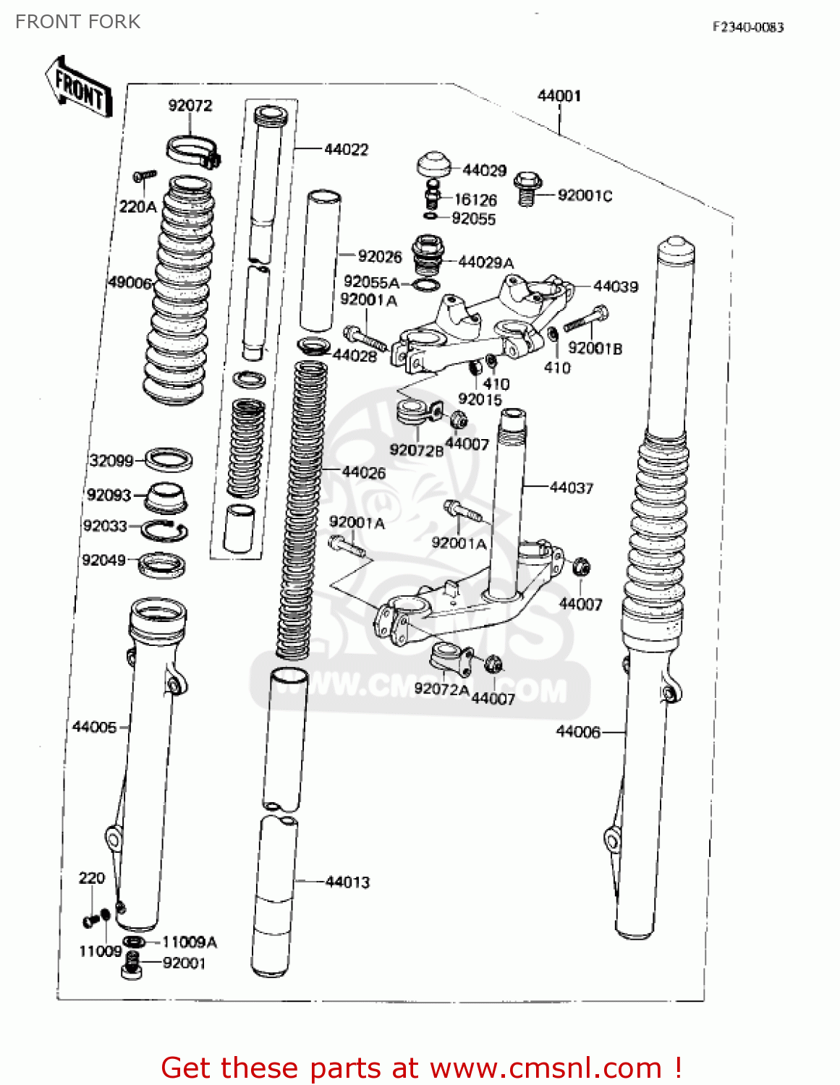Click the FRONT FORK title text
click(77, 22)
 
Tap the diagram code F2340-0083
click(747, 27)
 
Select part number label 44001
click(559, 95)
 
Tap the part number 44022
click(346, 150)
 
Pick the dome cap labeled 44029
click(433, 164)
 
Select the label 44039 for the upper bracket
click(615, 286)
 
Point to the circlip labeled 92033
click(164, 531)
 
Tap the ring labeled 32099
click(169, 459)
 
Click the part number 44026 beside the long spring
click(363, 472)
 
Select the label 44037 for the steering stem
click(571, 488)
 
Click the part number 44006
click(577, 732)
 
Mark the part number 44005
click(94, 727)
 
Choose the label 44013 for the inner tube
click(347, 882)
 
